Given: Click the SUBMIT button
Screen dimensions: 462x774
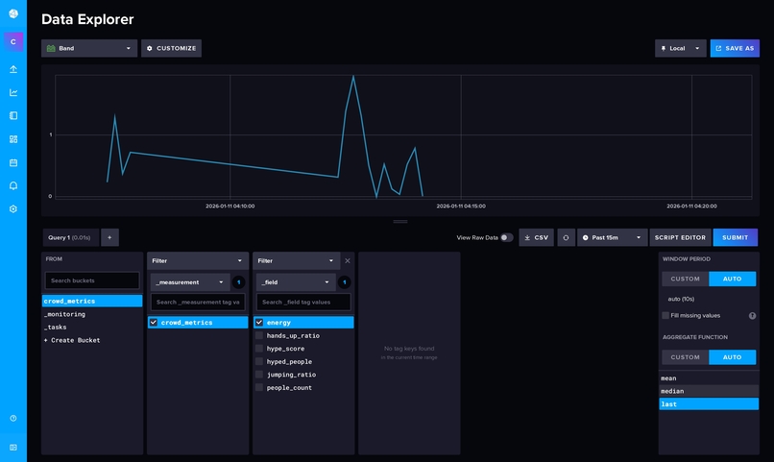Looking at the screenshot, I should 735,237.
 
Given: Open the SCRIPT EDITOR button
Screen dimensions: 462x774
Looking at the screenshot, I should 681,237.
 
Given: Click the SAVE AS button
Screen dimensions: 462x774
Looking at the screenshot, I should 735,48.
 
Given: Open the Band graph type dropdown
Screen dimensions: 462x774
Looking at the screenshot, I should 88,48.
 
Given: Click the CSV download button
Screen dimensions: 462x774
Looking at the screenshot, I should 536,237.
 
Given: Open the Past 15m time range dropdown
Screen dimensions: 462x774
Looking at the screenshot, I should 612,237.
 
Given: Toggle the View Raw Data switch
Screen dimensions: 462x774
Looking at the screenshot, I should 506,237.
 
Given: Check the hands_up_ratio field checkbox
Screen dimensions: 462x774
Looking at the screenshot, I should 259,335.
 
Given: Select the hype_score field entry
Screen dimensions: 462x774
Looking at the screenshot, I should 285,349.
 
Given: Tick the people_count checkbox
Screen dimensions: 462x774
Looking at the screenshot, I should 259,387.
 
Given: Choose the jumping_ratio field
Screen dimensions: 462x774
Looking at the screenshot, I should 291,375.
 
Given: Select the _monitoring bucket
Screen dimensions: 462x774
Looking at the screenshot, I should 65,314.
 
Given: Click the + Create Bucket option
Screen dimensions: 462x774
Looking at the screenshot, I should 72,340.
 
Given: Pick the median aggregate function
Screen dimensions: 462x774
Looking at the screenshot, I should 671,391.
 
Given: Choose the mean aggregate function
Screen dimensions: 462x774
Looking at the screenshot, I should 669,378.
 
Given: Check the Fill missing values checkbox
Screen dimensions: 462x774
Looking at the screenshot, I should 665,315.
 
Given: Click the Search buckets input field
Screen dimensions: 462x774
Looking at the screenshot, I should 92,280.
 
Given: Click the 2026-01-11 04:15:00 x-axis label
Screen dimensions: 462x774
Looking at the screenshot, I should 461,206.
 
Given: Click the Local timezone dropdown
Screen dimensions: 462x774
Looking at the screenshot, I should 680,48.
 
